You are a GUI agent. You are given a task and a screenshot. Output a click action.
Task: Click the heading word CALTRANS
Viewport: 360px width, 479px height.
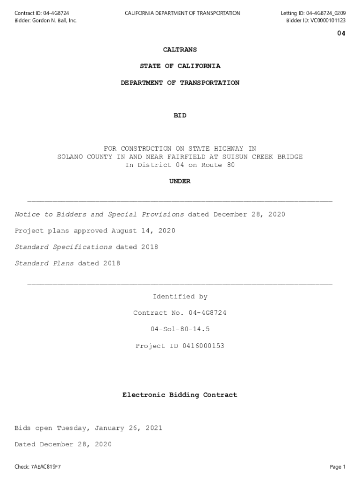coord(180,50)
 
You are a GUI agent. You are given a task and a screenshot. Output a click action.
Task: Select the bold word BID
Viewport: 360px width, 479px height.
coord(180,116)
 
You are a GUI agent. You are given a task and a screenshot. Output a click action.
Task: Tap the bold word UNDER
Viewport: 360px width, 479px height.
coord(180,181)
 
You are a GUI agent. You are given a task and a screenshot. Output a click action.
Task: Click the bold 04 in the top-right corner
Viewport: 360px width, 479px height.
coord(341,33)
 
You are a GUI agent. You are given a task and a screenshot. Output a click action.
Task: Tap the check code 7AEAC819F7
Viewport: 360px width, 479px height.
coord(46,467)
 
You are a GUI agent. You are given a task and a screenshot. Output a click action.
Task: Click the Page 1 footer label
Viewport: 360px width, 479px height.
coord(338,467)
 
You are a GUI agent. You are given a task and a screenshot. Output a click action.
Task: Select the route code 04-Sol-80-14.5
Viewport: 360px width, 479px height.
coord(180,329)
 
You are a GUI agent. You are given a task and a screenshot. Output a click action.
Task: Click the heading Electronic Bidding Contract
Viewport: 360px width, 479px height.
coord(180,395)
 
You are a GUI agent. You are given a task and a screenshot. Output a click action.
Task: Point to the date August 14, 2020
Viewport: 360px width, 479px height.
coord(143,231)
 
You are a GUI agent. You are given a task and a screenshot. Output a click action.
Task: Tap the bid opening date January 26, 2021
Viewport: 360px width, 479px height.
coord(129,428)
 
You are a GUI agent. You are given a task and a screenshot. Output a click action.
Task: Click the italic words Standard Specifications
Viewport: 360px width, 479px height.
coord(64,247)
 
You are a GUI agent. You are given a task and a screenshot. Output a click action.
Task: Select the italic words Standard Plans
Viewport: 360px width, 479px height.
coord(44,263)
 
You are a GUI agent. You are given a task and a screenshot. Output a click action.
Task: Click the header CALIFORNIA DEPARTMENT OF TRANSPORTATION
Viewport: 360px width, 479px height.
coord(182,13)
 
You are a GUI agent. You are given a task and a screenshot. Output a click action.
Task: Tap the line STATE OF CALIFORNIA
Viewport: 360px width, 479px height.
coord(180,66)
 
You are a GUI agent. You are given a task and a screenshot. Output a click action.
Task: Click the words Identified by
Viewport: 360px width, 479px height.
coord(180,297)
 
